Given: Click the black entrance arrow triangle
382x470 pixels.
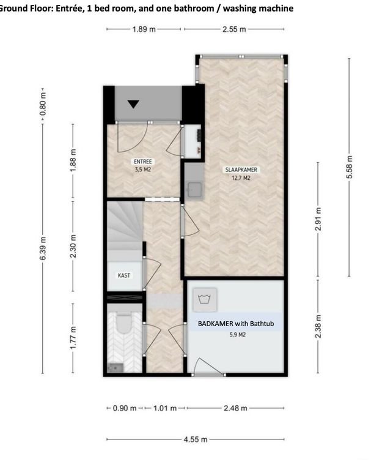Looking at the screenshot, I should (134, 103).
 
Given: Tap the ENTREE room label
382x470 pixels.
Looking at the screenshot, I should (142, 162).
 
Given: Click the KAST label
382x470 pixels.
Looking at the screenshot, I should (124, 275).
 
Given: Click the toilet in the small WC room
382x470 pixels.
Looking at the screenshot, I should (124, 324).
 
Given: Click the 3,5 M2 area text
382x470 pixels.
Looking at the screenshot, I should (142, 170).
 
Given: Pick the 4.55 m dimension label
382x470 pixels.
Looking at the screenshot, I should (196, 439).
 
